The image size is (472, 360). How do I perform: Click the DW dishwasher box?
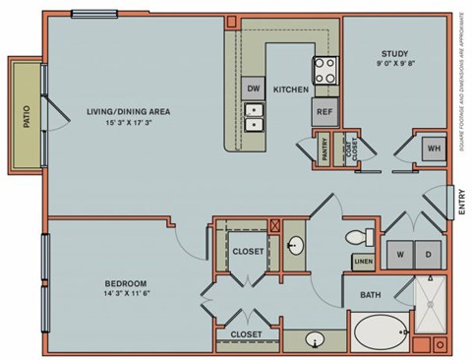(x=253, y=88)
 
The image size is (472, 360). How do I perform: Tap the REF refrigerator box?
(x=324, y=111)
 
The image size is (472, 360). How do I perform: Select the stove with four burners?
(x=325, y=69)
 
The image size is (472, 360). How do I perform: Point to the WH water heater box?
(x=433, y=149)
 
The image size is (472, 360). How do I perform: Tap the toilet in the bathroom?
(x=357, y=237)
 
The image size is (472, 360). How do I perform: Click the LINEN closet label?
(x=363, y=261)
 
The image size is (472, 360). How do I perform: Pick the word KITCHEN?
(x=291, y=90)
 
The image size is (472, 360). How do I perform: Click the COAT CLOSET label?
(x=350, y=150)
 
